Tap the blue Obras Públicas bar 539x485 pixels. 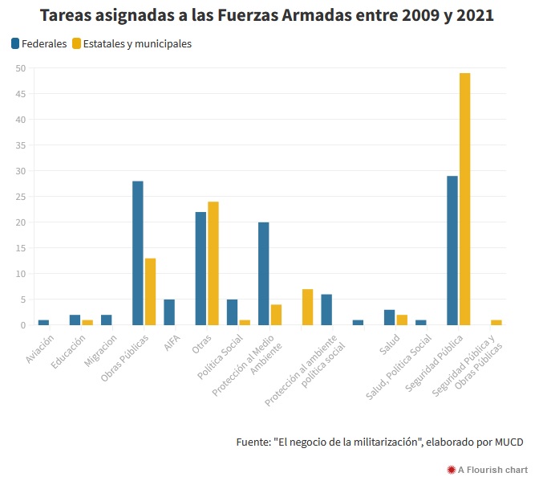138,253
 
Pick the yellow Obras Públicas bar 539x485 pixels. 150,291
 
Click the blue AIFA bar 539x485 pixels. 169,312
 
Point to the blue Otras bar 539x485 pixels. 201,268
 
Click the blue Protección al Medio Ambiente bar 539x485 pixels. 264,274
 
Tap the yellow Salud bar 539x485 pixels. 402,320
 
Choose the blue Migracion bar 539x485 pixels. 107,320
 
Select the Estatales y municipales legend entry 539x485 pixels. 132,44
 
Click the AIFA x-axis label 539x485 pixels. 172,343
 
